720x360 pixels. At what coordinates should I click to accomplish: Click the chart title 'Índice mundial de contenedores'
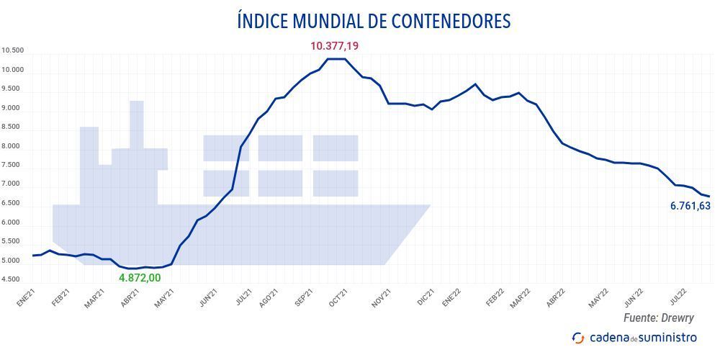coord(374,21)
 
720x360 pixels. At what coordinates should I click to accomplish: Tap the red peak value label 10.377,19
coord(334,46)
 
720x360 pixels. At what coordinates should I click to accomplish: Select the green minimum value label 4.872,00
coord(140,277)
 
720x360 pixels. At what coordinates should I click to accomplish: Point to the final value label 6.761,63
coord(690,207)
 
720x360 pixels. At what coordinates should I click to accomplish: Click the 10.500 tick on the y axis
coord(13,51)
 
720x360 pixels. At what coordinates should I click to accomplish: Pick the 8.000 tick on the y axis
coord(13,147)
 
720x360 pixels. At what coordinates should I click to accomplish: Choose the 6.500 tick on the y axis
coord(13,204)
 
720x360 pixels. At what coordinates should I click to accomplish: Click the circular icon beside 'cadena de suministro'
coord(578,337)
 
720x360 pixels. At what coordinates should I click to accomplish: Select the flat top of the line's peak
coord(336,59)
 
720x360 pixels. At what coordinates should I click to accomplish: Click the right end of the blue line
coord(708,196)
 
